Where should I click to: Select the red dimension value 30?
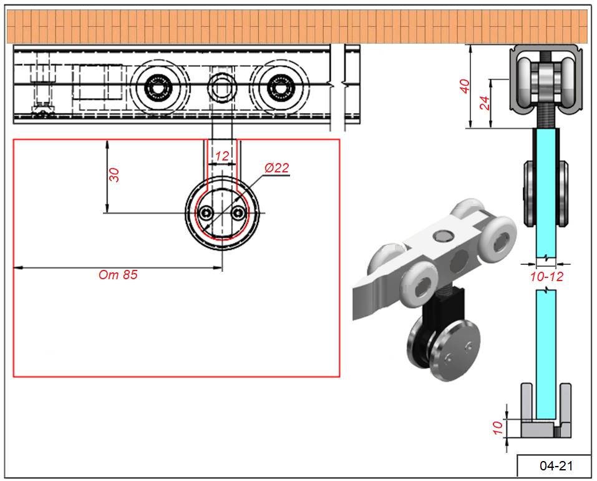click(x=114, y=174)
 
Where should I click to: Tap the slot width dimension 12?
click(x=222, y=156)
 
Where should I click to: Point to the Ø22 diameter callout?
click(x=276, y=168)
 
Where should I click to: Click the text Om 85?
click(x=118, y=275)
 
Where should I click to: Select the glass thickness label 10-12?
click(x=546, y=276)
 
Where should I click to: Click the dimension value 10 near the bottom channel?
click(x=497, y=427)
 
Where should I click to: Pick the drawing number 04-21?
click(x=556, y=465)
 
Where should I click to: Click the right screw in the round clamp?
click(x=237, y=214)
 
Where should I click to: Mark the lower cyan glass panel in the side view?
click(x=546, y=350)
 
